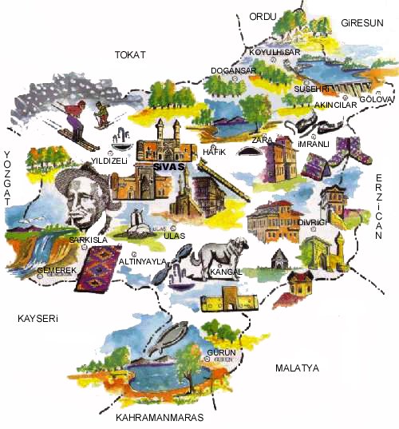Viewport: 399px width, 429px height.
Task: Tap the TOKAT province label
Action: [130, 54]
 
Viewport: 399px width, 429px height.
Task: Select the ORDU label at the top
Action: [262, 17]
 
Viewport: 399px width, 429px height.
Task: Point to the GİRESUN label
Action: [362, 22]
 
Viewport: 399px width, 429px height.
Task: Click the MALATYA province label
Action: [296, 368]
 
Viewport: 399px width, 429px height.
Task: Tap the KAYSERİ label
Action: [39, 319]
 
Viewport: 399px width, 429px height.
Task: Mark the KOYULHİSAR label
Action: [274, 53]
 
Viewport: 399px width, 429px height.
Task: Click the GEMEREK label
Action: [57, 271]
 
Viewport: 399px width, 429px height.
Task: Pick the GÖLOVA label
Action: [377, 99]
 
